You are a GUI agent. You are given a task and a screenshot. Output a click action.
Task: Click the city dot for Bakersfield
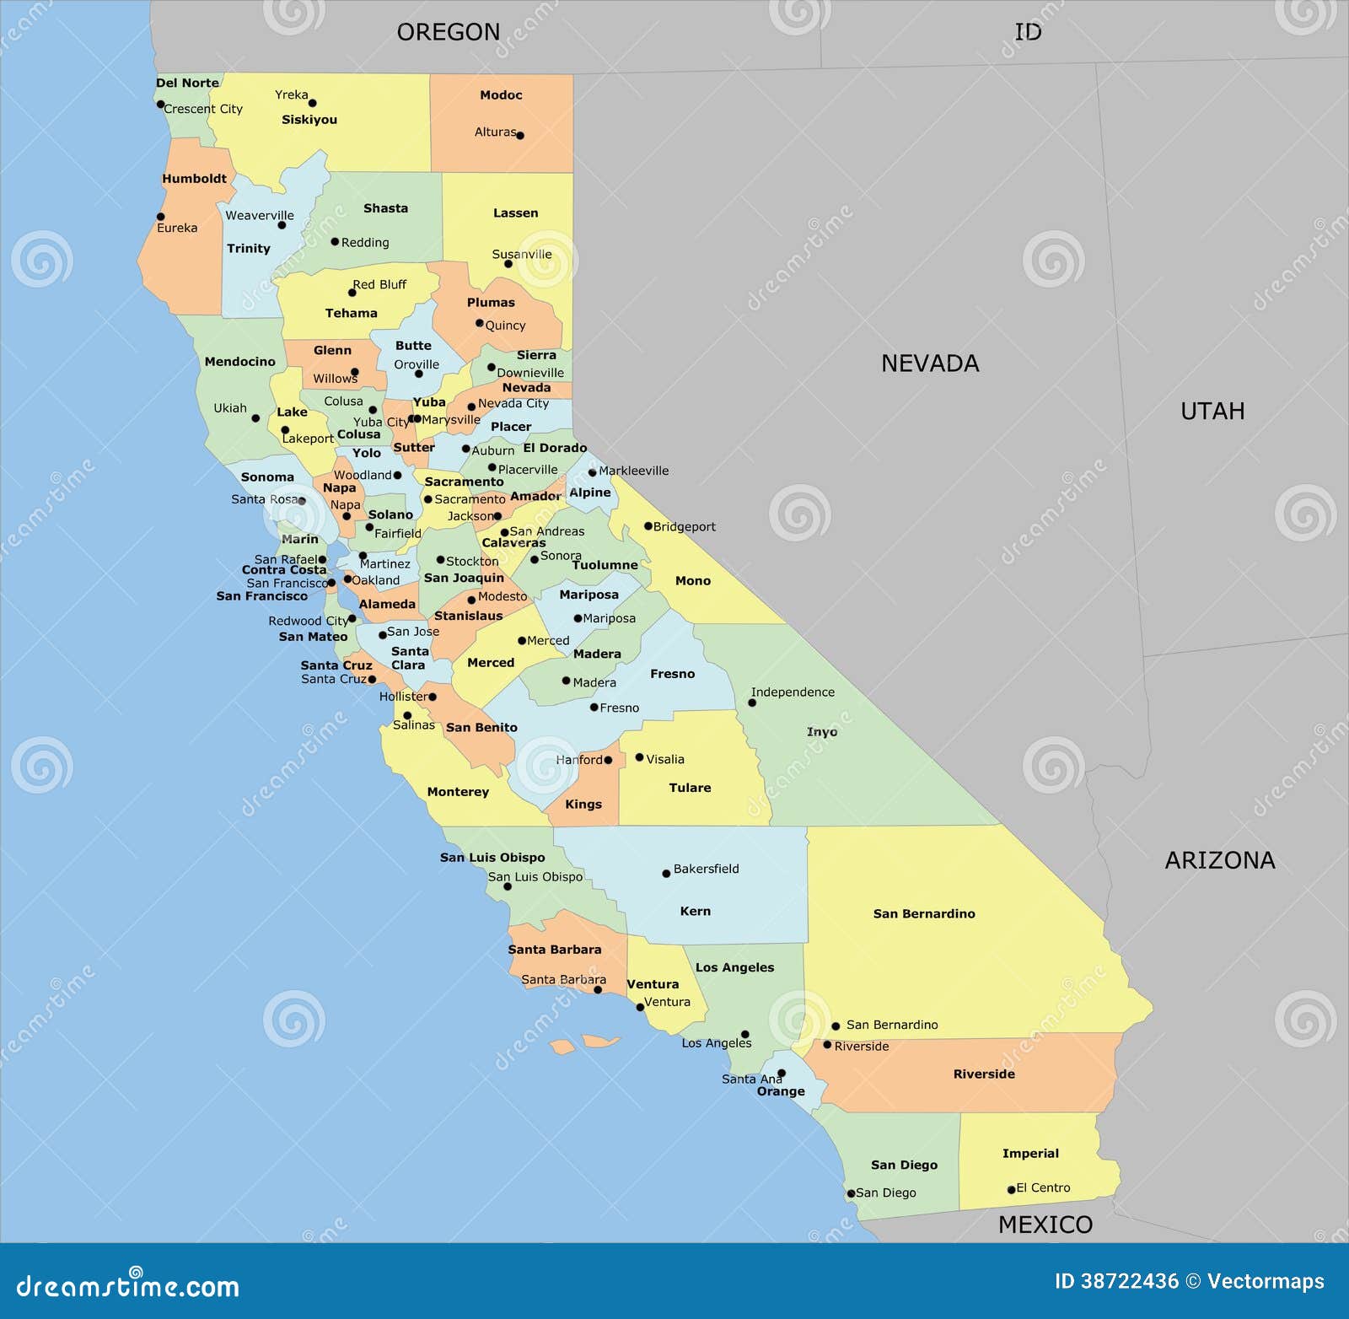tap(666, 874)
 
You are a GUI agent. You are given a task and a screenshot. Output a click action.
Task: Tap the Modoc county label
tap(501, 95)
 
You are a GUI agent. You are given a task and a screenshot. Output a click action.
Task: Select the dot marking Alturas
tap(520, 135)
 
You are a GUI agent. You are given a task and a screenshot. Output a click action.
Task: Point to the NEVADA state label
tap(930, 363)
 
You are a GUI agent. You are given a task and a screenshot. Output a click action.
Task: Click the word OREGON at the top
tap(449, 32)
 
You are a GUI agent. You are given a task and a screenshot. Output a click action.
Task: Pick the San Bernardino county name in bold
tap(924, 913)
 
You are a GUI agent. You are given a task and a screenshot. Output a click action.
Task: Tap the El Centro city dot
tap(1012, 1190)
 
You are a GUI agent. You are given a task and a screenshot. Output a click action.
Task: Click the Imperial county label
tap(1030, 1153)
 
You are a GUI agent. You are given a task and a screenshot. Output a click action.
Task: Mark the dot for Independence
tap(752, 703)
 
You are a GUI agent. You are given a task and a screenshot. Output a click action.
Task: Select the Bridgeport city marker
tap(648, 526)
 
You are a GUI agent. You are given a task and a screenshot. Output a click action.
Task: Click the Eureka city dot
tap(161, 217)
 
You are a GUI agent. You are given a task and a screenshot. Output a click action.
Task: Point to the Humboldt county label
tap(195, 179)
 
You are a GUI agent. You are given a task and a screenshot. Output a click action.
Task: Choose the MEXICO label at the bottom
tap(1045, 1225)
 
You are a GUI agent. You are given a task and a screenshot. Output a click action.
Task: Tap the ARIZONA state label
tap(1220, 860)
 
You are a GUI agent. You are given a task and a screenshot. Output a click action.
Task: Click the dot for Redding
tap(335, 242)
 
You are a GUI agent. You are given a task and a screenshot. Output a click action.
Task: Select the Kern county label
tap(696, 911)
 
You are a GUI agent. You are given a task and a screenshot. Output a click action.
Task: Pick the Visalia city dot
tap(639, 757)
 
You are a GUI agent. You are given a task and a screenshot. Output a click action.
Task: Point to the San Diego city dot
tap(851, 1193)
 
